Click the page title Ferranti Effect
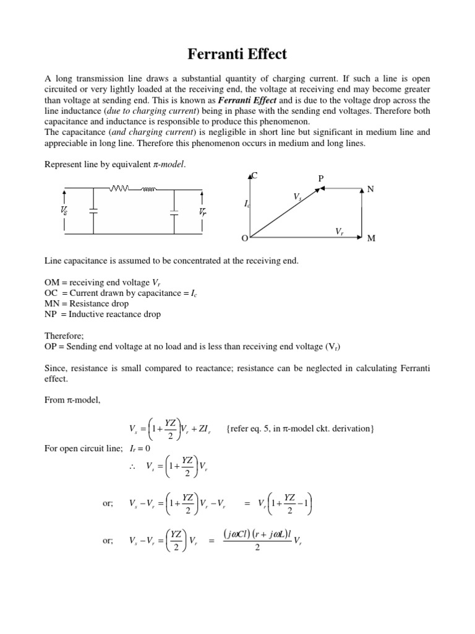click(x=237, y=54)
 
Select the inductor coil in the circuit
click(x=148, y=188)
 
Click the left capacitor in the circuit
click(x=93, y=211)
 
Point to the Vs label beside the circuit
click(x=64, y=211)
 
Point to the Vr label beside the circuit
click(x=203, y=211)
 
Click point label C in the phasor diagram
click(x=254, y=176)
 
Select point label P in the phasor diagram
click(x=320, y=179)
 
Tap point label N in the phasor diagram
click(x=370, y=189)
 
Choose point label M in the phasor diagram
click(x=371, y=239)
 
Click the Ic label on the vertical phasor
click(x=246, y=203)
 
